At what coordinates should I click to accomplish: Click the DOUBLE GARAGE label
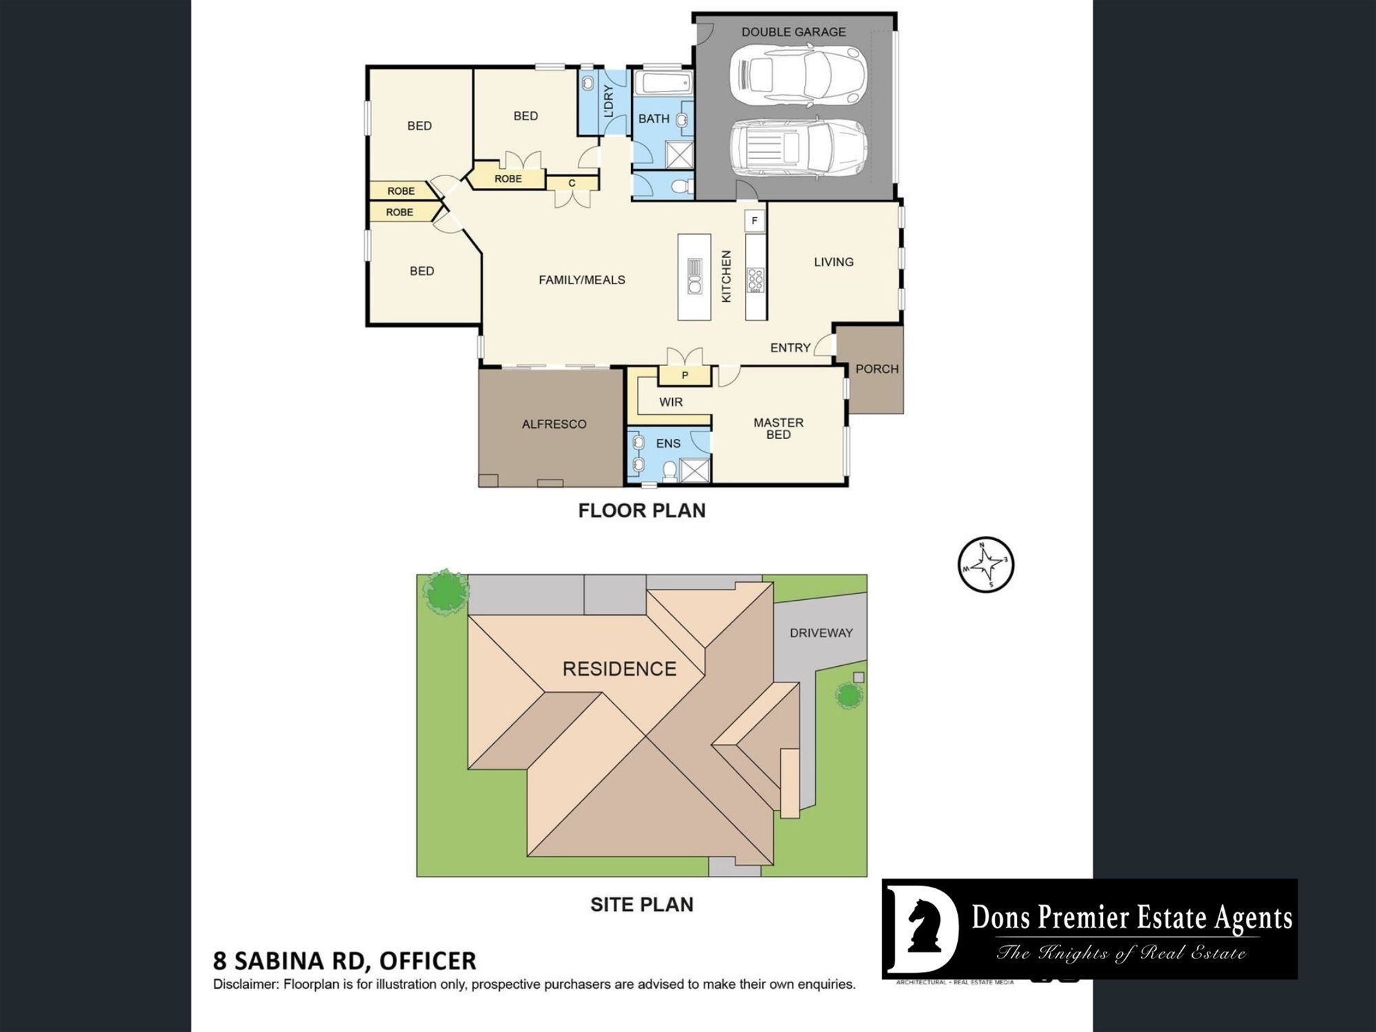[793, 32]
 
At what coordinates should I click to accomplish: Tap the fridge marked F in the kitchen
[755, 221]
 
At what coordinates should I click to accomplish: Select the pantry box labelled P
[685, 376]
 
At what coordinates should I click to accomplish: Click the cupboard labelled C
[572, 183]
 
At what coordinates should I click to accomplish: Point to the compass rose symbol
[986, 564]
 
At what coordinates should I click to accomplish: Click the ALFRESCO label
[554, 424]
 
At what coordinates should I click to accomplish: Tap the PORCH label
[877, 369]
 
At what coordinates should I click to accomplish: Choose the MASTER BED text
[778, 429]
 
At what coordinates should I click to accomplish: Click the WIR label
[671, 402]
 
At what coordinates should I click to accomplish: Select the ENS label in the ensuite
[668, 444]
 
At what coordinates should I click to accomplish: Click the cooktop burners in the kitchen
[755, 279]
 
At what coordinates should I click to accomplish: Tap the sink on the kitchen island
[694, 277]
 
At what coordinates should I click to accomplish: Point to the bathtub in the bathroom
[663, 84]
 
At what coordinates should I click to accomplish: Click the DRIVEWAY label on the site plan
[821, 633]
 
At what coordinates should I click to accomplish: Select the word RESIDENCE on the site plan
[619, 669]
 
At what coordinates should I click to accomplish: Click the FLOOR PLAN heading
[642, 510]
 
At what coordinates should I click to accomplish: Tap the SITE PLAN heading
[642, 904]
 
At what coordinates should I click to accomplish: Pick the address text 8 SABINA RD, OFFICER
[345, 960]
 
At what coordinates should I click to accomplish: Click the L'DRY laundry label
[608, 102]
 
